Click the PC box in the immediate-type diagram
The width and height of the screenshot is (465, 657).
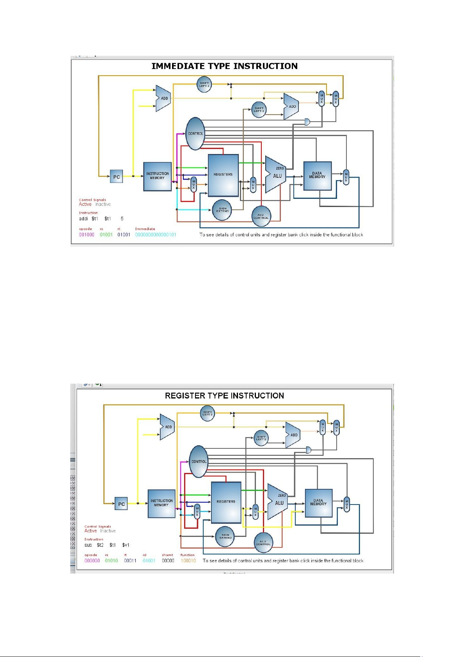coord(116,177)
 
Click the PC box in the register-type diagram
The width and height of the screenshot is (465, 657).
coord(121,504)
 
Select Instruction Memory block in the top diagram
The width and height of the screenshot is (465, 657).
coord(157,176)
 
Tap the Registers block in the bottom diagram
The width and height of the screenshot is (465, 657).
coord(226,502)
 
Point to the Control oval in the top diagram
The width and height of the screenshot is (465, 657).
coord(195,133)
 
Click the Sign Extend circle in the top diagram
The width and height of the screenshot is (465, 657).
coord(222,210)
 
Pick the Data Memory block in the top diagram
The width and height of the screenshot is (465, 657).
coord(317,175)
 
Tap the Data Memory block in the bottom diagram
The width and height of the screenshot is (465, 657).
coord(318,503)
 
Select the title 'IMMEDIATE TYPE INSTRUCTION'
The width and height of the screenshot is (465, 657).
coord(224,66)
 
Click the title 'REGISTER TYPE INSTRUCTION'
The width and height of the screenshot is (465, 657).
coord(224,396)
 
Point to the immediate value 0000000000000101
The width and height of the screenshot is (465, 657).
coord(156,235)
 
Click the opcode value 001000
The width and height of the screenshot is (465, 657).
coord(87,235)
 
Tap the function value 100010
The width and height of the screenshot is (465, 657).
coord(188,561)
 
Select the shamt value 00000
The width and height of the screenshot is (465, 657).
coord(168,561)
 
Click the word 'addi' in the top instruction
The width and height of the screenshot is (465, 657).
coord(83,219)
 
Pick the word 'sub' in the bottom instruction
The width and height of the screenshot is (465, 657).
coord(88,545)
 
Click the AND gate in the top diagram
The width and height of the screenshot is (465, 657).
coord(307,122)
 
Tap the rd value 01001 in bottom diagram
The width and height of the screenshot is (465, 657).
coord(149,561)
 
